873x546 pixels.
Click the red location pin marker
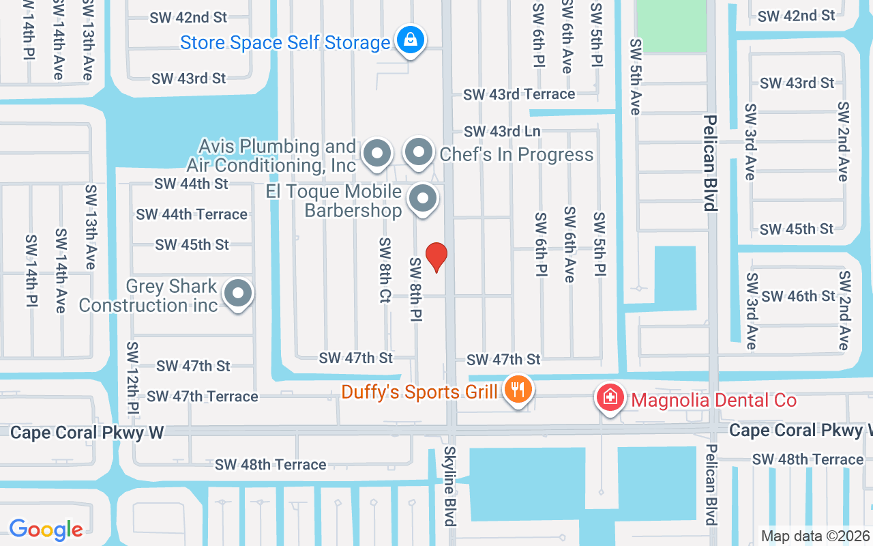[x=436, y=257]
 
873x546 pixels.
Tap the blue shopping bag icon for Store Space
[x=411, y=40]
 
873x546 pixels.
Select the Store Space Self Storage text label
[x=285, y=43]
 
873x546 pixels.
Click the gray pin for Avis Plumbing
[x=376, y=154]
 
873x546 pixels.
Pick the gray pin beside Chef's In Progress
[x=419, y=154]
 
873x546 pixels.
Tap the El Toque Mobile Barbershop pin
[x=423, y=199]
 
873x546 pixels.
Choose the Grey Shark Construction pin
[x=238, y=294]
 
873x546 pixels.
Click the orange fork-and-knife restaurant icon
[x=518, y=390]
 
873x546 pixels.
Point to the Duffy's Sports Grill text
[x=420, y=392]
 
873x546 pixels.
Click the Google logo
[x=46, y=530]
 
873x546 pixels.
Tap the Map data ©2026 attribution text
[x=816, y=536]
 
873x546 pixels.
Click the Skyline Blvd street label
[x=450, y=486]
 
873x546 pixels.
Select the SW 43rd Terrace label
[x=519, y=94]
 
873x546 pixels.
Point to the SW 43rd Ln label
[x=502, y=131]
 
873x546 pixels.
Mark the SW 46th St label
[x=798, y=296]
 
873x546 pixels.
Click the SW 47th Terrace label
[x=203, y=397]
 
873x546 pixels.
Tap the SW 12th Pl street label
[x=133, y=379]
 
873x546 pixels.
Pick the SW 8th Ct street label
[x=385, y=270]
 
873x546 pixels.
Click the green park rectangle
[x=671, y=26]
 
